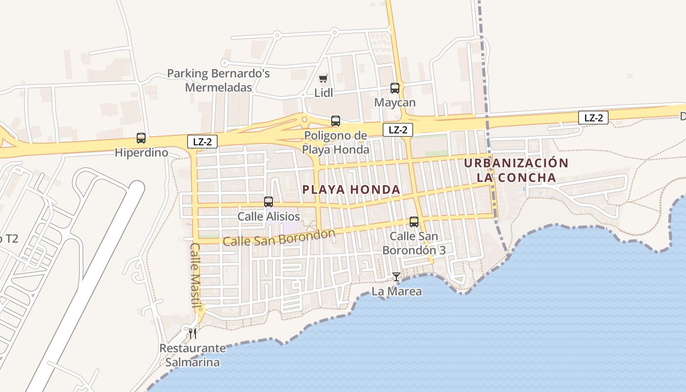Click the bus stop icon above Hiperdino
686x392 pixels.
coord(141,138)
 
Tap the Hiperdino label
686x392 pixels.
coord(141,153)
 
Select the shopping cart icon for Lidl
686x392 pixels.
coord(323,78)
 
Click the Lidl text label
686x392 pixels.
coord(323,93)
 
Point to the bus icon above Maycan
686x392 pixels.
coord(395,88)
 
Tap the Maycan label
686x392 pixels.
coord(395,102)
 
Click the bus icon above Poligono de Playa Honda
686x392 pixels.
coord(336,121)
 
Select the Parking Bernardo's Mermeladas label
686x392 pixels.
coord(219,80)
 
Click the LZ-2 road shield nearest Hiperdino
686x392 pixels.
coord(202,141)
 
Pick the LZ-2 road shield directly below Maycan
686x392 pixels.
coord(398,130)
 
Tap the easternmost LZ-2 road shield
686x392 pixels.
coord(593,118)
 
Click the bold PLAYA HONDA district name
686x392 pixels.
coord(351,190)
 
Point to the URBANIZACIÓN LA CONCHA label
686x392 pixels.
coord(516,170)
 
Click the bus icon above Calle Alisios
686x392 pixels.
coord(269,201)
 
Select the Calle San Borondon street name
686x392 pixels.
coord(278,238)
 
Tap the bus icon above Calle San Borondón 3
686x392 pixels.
coord(414,221)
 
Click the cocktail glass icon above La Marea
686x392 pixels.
coord(396,277)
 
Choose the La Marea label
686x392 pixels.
coord(397,292)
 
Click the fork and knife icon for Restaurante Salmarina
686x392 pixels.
coord(193,334)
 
